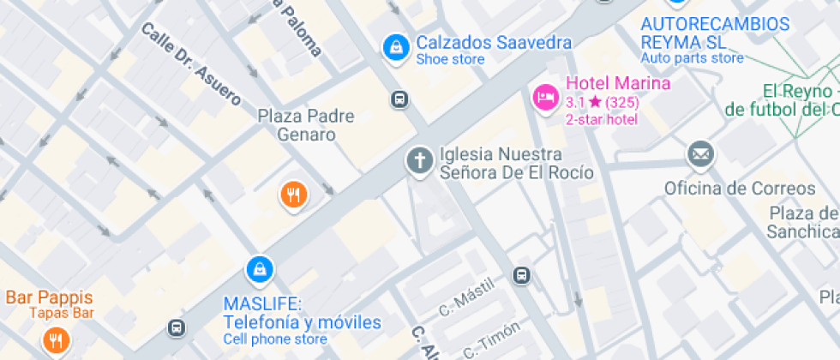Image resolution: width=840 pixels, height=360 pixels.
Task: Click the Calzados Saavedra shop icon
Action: click(395, 47)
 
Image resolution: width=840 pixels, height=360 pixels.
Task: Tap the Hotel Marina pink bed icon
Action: click(545, 97)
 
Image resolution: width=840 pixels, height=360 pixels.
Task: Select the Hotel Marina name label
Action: click(617, 84)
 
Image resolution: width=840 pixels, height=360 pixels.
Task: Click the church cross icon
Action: click(419, 160)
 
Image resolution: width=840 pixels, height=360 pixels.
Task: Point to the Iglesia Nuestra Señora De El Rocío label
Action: click(515, 163)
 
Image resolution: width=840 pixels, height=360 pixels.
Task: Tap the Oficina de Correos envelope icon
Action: click(700, 155)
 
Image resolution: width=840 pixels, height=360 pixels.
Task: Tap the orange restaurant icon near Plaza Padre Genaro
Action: click(293, 195)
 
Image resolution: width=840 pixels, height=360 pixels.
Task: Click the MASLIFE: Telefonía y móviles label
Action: click(301, 314)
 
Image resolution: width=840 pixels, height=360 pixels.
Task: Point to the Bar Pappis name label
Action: click(49, 297)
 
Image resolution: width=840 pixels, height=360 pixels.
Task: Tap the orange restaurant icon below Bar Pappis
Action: click(56, 343)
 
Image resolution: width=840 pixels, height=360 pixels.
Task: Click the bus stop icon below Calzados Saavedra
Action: click(399, 99)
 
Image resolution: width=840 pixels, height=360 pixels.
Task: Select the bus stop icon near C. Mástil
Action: click(521, 275)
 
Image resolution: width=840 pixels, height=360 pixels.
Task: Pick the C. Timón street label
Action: click(491, 339)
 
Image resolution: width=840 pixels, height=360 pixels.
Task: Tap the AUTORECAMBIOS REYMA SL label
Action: click(715, 33)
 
